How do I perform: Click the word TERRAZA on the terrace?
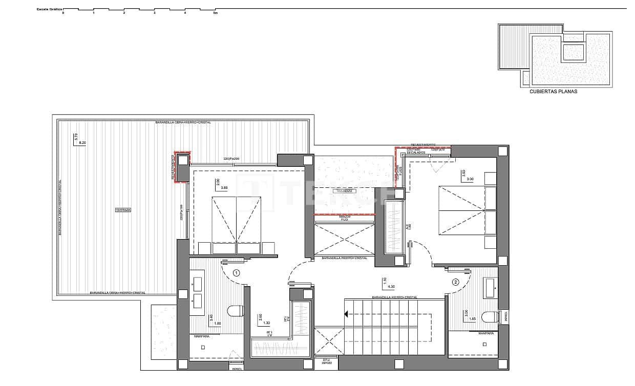123,210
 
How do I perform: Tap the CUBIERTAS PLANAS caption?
554,92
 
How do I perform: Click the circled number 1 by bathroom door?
236,273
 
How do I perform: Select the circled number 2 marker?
455,282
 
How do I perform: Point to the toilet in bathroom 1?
235,311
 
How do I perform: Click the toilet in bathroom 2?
489,317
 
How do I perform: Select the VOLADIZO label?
344,191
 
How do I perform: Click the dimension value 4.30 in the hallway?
392,286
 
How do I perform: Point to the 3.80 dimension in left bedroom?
224,188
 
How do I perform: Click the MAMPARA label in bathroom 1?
201,336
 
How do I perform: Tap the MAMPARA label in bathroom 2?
485,333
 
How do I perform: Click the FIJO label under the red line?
345,220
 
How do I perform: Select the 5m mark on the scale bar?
215,13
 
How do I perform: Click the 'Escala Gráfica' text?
49,9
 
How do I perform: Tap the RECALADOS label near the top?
415,153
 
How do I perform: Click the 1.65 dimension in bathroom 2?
472,319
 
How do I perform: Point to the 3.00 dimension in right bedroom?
470,179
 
